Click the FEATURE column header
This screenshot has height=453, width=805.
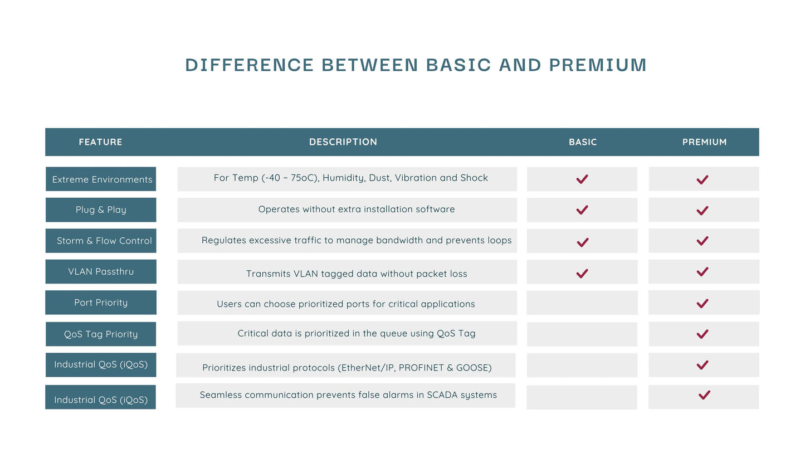point(101,142)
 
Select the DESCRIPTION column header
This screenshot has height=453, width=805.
point(343,142)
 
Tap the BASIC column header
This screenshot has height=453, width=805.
point(583,142)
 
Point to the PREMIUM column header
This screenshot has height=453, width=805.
point(704,142)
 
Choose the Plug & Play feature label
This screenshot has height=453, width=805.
point(101,210)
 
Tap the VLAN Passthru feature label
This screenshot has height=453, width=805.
point(101,271)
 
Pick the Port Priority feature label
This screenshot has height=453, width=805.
point(101,303)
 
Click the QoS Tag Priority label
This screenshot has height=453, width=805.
point(101,334)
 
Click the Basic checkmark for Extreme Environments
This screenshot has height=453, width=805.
point(582,179)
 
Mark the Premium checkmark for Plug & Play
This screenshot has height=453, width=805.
point(702,210)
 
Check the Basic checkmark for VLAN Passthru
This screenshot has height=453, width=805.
point(582,274)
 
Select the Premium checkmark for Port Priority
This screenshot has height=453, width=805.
point(702,304)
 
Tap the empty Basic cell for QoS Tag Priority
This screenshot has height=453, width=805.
point(582,334)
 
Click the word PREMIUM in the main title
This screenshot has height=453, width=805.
point(598,65)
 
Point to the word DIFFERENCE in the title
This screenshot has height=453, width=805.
point(250,65)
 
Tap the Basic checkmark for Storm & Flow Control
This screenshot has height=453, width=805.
point(583,242)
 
